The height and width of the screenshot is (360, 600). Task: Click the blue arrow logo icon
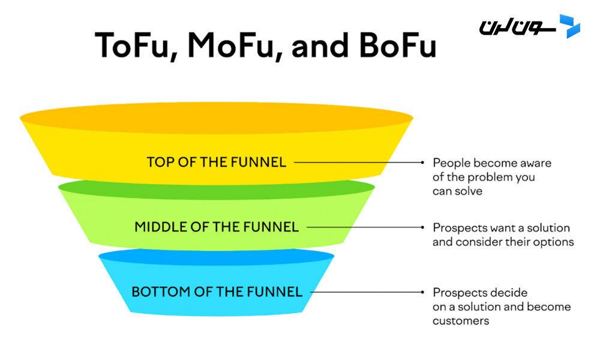[x=569, y=26]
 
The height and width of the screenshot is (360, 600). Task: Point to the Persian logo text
[x=517, y=28]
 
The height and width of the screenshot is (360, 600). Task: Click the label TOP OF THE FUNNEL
[x=217, y=162]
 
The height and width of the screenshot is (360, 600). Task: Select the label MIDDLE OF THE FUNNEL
[x=217, y=227]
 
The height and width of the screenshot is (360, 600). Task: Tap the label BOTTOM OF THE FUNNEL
[x=217, y=292]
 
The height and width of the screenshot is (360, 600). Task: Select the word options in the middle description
[x=554, y=242]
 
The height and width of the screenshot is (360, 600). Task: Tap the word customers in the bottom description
[x=461, y=321]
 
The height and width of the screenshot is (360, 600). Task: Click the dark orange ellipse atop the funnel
[x=217, y=118]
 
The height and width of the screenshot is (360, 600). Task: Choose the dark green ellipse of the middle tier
[x=217, y=187]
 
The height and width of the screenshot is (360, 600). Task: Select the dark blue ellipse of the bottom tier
[x=217, y=257]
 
